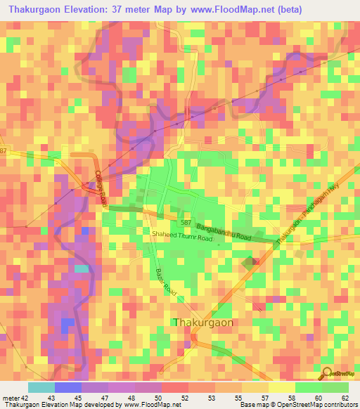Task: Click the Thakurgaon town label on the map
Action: tap(203, 322)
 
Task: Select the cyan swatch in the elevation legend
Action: tap(41, 387)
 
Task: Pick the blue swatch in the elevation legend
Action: tap(67, 387)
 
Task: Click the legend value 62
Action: tap(345, 398)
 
